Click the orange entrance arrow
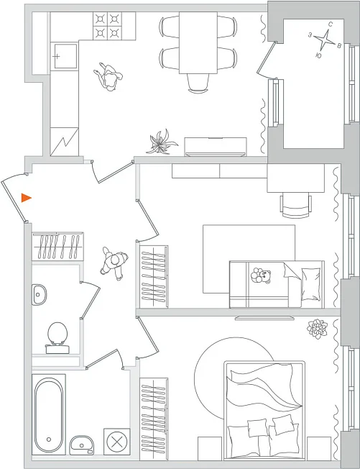coord(26,198)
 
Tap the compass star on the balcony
coord(324,40)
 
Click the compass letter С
coord(331,24)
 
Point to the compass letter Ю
coord(318,55)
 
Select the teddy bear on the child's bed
coord(261,276)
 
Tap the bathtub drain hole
coord(49,440)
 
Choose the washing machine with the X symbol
coord(117,442)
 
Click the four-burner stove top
coord(107,26)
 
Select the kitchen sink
coord(64,56)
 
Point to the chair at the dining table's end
coord(198,83)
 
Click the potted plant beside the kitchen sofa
coord(162,142)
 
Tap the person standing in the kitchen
coord(109,77)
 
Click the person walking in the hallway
coord(114,263)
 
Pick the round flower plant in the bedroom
coord(317,329)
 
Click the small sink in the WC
coord(39,295)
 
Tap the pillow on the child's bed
coord(310,284)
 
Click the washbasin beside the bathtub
coord(82,445)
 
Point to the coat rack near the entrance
coord(57,247)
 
